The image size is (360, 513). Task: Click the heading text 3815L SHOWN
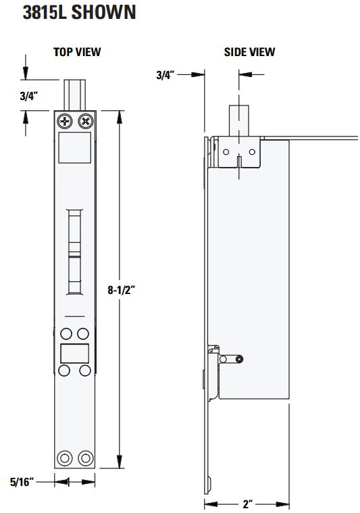[78, 13]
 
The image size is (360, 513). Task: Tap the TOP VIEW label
[77, 52]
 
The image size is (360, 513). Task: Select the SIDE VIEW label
[249, 52]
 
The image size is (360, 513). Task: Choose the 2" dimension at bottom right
[247, 504]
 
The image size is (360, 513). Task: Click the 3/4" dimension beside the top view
[28, 95]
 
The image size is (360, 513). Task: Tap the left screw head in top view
[65, 122]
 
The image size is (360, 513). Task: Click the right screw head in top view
[85, 122]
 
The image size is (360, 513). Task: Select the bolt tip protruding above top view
[75, 95]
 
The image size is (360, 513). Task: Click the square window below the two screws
[74, 147]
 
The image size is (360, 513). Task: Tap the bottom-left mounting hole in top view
[65, 458]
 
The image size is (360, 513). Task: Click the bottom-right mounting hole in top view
[85, 458]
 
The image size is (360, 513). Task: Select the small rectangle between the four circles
[74, 353]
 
